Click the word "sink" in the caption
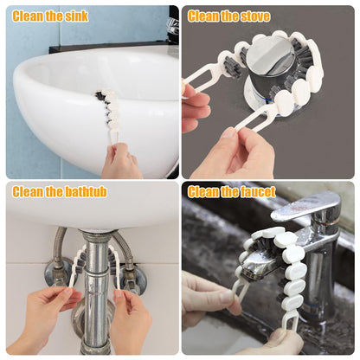(x=74, y=16)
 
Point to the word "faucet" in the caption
(x=256, y=191)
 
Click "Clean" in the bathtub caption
(x=28, y=191)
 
